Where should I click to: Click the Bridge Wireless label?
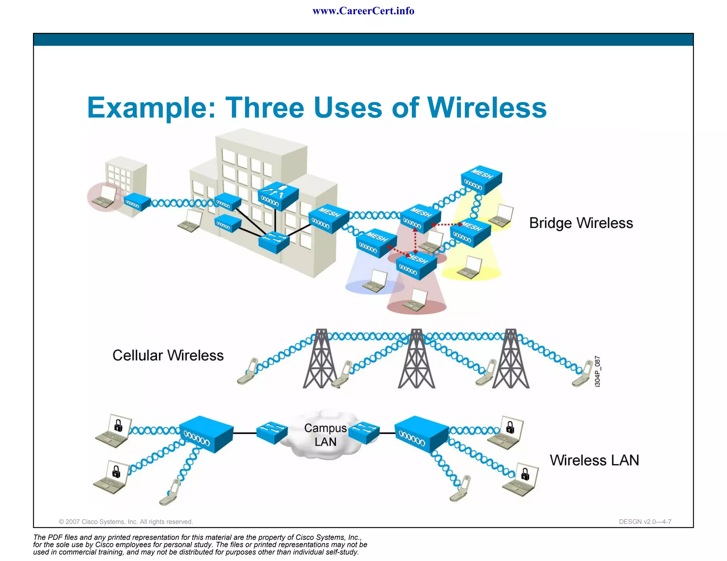pyautogui.click(x=581, y=223)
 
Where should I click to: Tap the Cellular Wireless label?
pyautogui.click(x=168, y=355)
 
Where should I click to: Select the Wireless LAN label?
pyautogui.click(x=594, y=460)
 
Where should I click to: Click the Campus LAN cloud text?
pyautogui.click(x=325, y=435)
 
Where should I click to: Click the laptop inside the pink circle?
pyautogui.click(x=104, y=197)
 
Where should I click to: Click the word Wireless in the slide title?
pyautogui.click(x=487, y=107)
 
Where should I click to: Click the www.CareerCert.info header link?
pyautogui.click(x=363, y=11)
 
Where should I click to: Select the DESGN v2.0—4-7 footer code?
pyautogui.click(x=645, y=522)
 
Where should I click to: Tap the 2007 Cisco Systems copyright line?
pyautogui.click(x=126, y=522)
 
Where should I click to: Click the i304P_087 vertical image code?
pyautogui.click(x=597, y=371)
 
